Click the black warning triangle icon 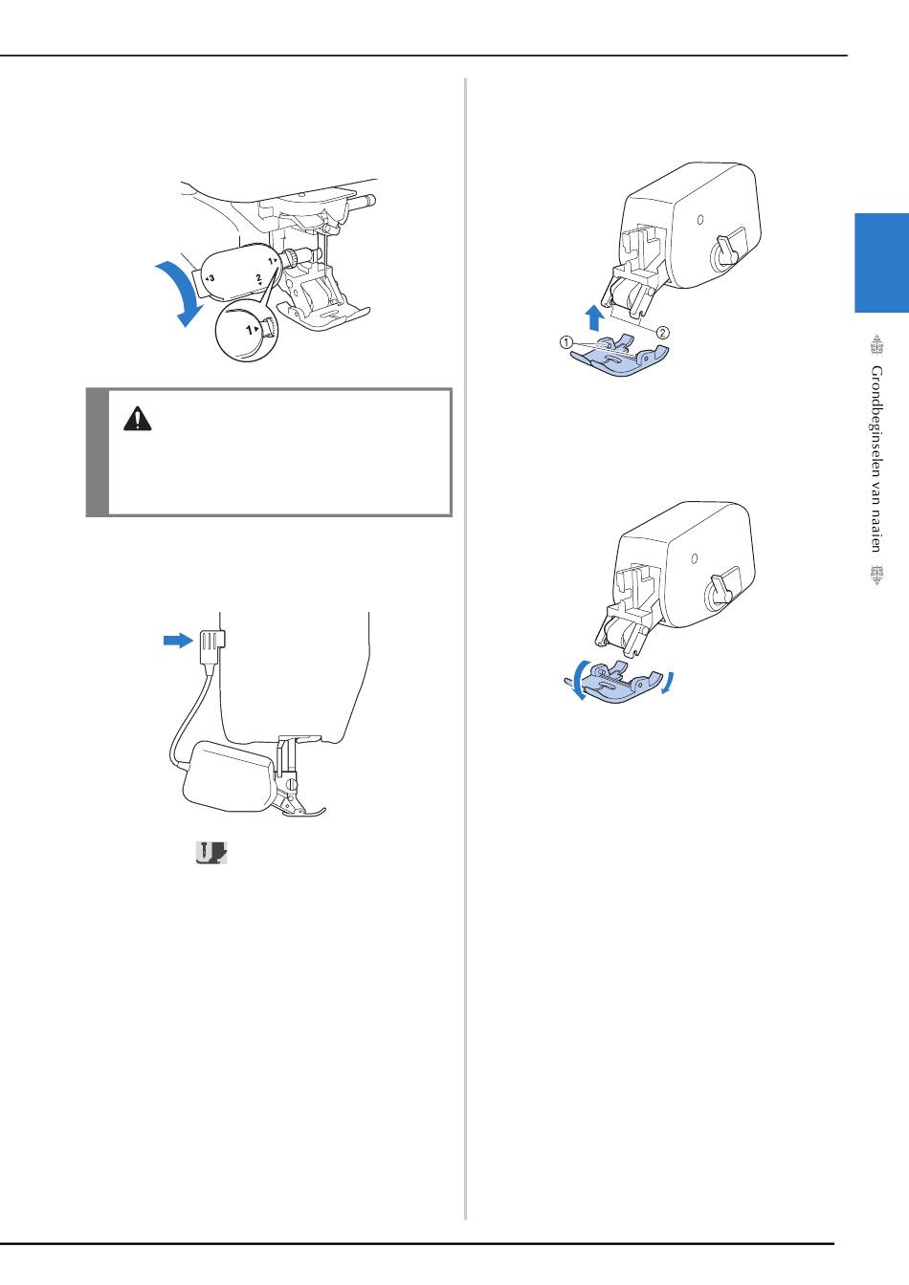tap(137, 419)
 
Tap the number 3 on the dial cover tap(211, 278)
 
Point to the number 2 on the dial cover tap(259, 278)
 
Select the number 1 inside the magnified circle tap(249, 330)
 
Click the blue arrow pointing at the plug tap(178, 641)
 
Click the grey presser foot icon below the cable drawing tap(211, 853)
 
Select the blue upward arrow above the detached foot tap(594, 317)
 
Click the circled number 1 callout tap(565, 342)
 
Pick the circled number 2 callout tap(662, 332)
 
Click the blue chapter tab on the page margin tap(881, 263)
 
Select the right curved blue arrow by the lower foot tap(667, 683)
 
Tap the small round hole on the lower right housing tap(695, 558)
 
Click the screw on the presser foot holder tap(293, 782)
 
